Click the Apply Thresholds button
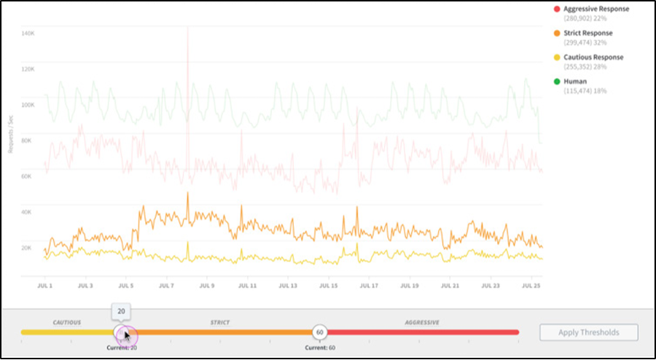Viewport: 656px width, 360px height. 589,332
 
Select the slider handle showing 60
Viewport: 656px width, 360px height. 319,332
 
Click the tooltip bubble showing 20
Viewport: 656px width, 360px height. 122,311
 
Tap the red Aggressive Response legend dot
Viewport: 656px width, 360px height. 557,9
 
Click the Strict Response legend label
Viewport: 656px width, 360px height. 588,33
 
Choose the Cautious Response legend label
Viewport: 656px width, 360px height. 593,57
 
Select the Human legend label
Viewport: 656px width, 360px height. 575,82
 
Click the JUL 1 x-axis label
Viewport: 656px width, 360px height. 45,286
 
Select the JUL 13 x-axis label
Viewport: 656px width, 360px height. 289,286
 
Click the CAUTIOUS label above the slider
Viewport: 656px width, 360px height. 66,321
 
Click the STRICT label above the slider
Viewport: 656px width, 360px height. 220,321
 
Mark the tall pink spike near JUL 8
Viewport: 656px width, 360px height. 188,44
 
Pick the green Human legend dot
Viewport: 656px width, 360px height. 557,82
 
